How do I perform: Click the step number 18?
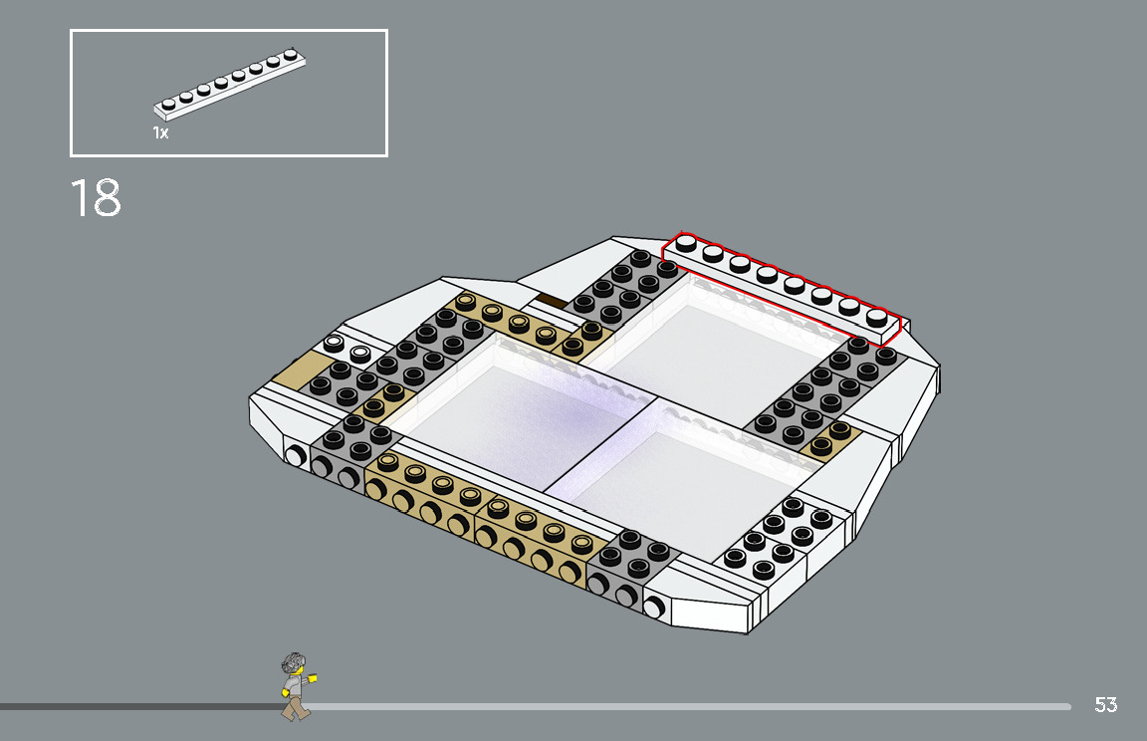click(x=96, y=198)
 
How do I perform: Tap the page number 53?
click(x=1105, y=705)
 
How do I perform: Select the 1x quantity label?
click(x=160, y=132)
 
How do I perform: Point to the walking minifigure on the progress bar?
click(x=296, y=686)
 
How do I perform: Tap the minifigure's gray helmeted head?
click(x=293, y=664)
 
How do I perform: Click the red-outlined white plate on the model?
click(x=782, y=284)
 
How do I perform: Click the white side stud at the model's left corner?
click(x=295, y=456)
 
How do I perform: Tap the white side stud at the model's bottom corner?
click(x=655, y=606)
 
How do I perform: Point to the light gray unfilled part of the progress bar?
click(x=697, y=707)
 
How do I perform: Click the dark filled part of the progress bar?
click(x=139, y=707)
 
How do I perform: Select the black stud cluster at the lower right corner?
click(x=779, y=539)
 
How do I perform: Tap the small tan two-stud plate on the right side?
click(x=830, y=438)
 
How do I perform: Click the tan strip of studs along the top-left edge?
click(x=518, y=324)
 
